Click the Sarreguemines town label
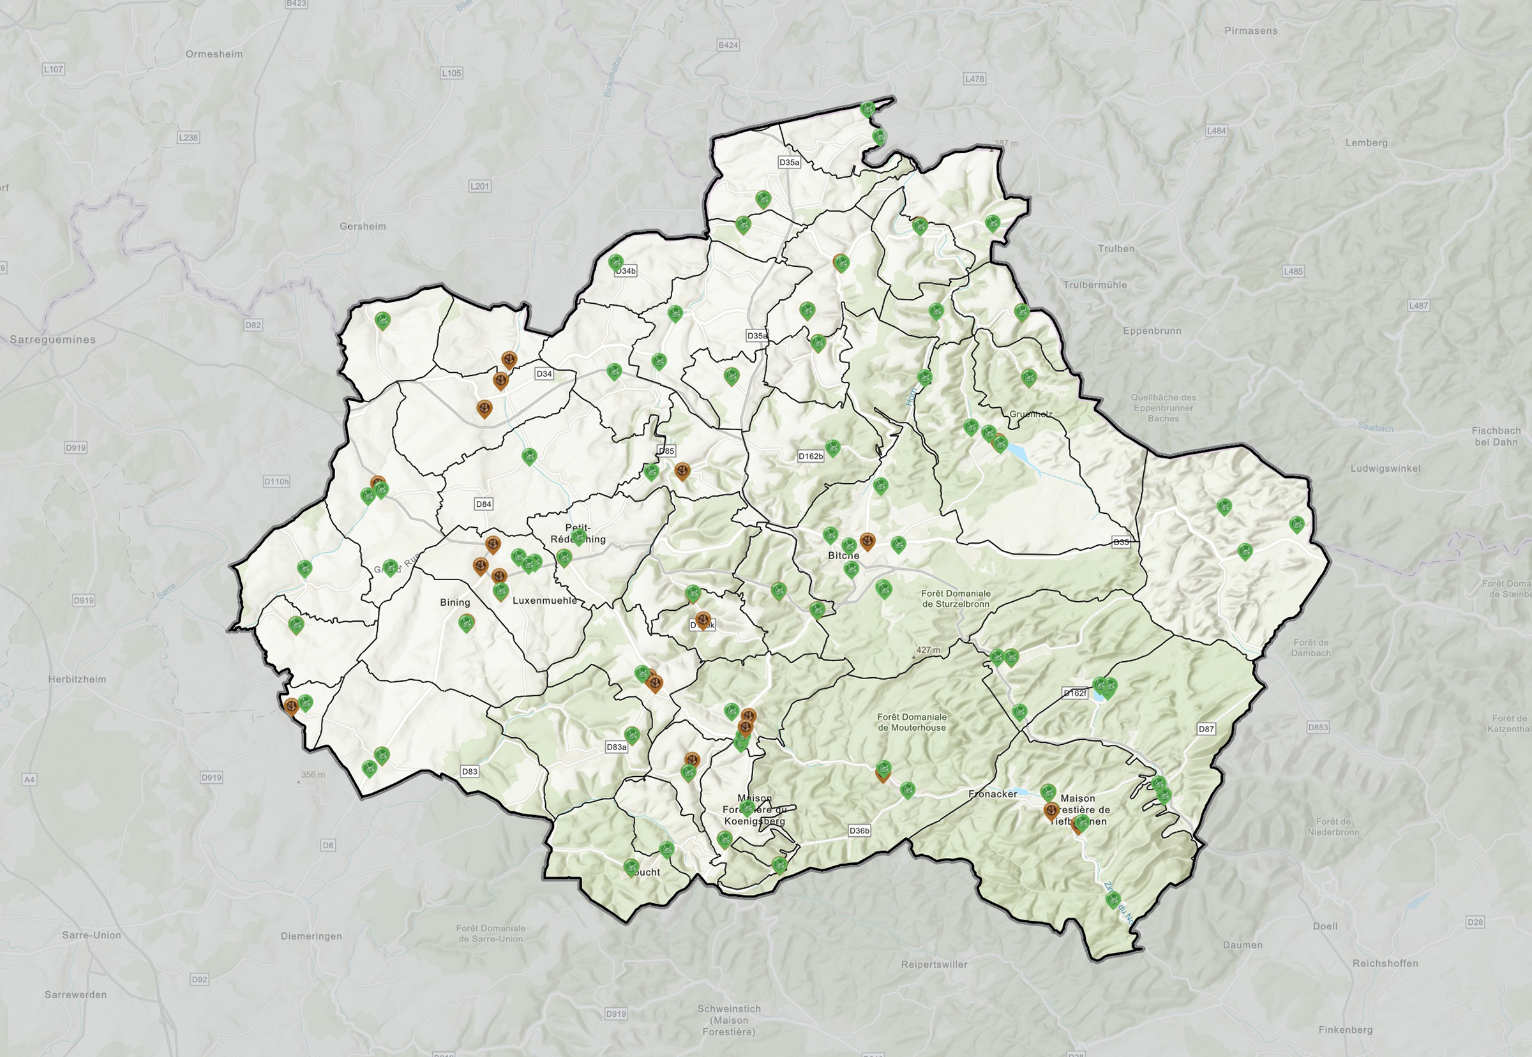(x=52, y=340)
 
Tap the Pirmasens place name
(x=1250, y=31)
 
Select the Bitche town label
(x=843, y=556)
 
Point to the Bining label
(x=455, y=603)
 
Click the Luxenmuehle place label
(x=544, y=601)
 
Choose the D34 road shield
(x=544, y=374)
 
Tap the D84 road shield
(x=483, y=504)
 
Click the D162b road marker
(x=810, y=456)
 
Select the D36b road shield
(x=859, y=830)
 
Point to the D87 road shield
(x=1206, y=729)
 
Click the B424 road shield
(x=728, y=45)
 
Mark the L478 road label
(x=974, y=79)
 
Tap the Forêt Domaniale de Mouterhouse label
(x=912, y=722)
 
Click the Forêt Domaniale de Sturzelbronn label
(x=956, y=599)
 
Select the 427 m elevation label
(x=928, y=650)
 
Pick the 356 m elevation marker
(x=313, y=775)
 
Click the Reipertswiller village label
(x=934, y=964)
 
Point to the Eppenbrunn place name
(x=1152, y=331)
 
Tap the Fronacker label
(x=992, y=794)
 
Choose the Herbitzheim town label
(x=77, y=680)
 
